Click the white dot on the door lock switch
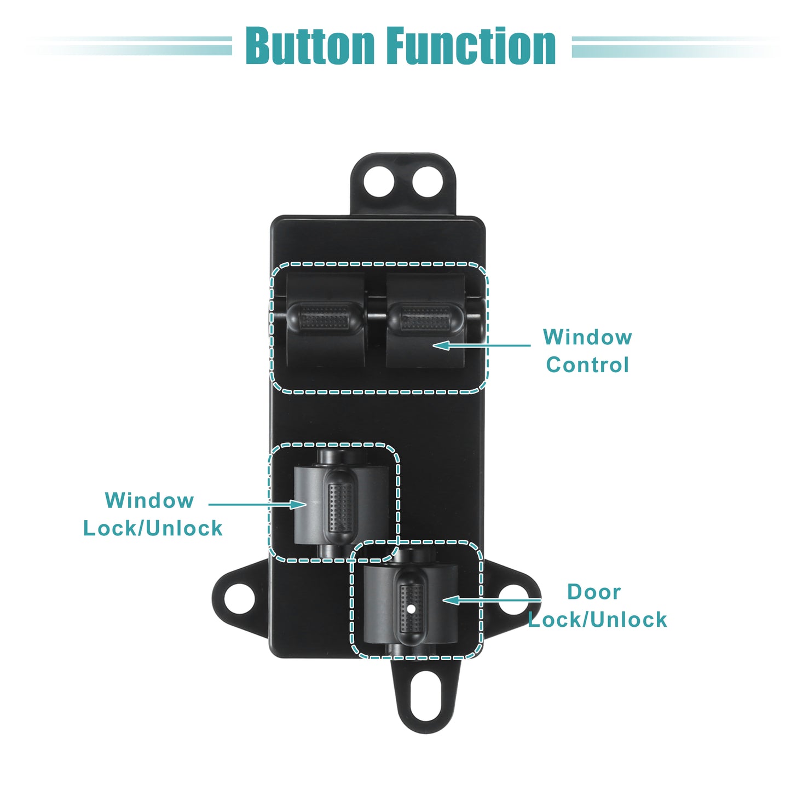(x=412, y=610)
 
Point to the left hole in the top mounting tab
(x=379, y=181)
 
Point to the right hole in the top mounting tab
(x=428, y=181)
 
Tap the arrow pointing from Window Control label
(x=482, y=345)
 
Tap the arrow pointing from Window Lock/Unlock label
(x=258, y=504)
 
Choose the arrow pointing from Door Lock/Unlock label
(x=492, y=600)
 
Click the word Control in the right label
(x=587, y=365)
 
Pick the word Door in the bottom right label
(x=594, y=592)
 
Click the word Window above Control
(x=587, y=337)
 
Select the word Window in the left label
(x=149, y=501)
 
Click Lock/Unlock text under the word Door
(x=597, y=620)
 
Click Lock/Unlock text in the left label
(x=153, y=528)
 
